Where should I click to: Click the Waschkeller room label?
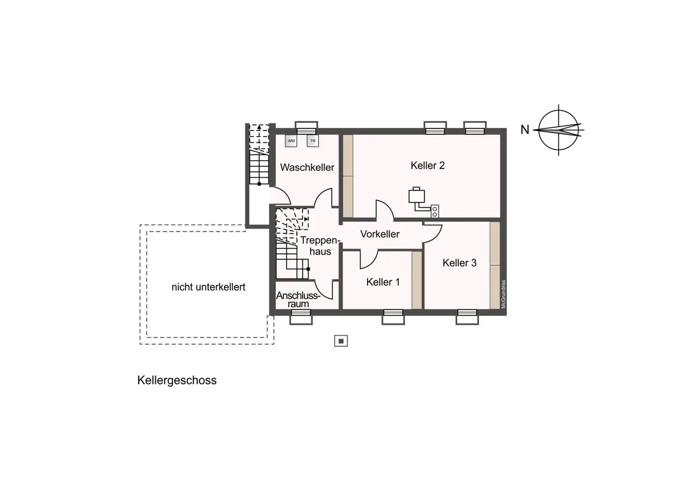(x=307, y=168)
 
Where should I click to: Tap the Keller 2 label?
(x=428, y=166)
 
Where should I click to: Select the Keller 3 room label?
(x=459, y=263)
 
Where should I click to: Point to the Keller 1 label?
(x=383, y=282)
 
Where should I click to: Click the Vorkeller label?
(x=380, y=234)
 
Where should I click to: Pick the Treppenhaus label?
(x=316, y=246)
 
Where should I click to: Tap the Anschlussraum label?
(x=298, y=299)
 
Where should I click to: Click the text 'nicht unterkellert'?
(x=208, y=287)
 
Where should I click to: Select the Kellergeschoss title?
(x=177, y=380)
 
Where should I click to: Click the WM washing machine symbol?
(x=291, y=141)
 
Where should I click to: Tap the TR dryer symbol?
(x=312, y=141)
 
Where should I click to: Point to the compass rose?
(x=559, y=129)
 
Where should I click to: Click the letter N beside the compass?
(x=525, y=130)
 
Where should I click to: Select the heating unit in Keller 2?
(x=416, y=196)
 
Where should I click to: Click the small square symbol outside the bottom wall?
(x=341, y=341)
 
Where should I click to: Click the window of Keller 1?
(x=393, y=316)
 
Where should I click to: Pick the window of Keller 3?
(x=467, y=316)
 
